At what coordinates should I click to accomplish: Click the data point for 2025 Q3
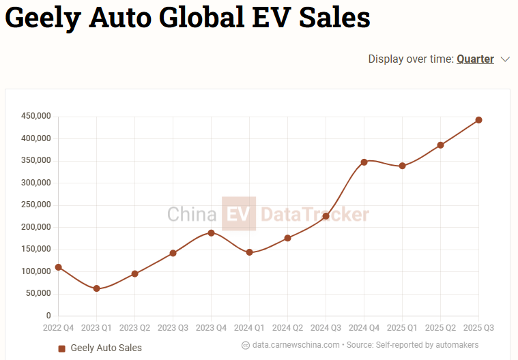[478, 120]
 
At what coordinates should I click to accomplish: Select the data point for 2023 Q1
[97, 288]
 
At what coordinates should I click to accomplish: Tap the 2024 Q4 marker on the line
[364, 162]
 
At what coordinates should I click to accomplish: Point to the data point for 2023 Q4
[212, 233]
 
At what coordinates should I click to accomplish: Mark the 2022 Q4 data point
[59, 267]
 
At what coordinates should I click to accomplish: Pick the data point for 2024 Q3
[326, 216]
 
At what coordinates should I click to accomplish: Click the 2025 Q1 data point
[403, 166]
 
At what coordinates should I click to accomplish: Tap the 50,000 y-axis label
[39, 294]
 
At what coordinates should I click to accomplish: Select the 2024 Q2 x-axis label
[288, 328]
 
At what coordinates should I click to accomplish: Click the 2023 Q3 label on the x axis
[173, 328]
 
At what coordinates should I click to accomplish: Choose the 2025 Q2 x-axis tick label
[441, 328]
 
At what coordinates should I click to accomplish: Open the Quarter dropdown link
[475, 59]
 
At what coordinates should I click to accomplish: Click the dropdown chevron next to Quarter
[505, 59]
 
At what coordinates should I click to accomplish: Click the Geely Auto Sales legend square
[61, 348]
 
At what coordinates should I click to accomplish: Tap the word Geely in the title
[43, 18]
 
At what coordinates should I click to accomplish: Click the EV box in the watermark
[239, 214]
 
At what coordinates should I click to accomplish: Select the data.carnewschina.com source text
[296, 345]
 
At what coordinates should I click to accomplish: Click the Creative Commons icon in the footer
[246, 345]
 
